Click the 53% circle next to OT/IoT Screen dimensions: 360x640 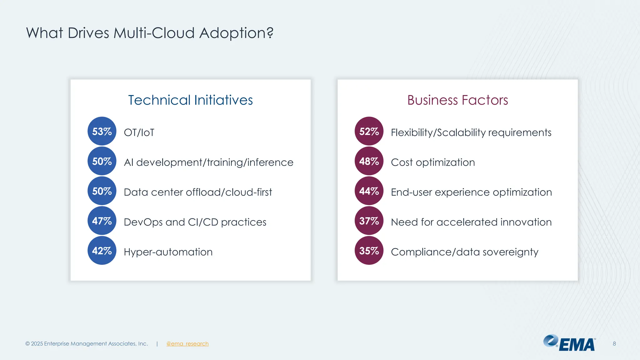(x=102, y=131)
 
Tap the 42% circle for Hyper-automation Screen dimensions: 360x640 (x=102, y=251)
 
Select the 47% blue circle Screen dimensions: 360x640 (x=102, y=221)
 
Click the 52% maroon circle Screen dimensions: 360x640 (x=369, y=131)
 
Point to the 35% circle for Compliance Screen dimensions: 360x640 (x=369, y=251)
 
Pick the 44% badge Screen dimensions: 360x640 (x=369, y=191)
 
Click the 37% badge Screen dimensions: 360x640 (x=369, y=221)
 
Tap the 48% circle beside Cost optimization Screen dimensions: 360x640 (x=369, y=161)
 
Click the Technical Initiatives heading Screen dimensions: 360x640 (x=190, y=100)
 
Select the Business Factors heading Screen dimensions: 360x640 (x=457, y=100)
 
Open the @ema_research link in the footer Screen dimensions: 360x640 (x=187, y=344)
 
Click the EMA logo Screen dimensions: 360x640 (x=570, y=343)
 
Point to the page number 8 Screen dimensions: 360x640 (x=614, y=344)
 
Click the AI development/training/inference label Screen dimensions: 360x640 (x=208, y=162)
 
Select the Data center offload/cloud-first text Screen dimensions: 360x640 (x=198, y=192)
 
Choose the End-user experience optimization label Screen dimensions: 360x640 (x=471, y=192)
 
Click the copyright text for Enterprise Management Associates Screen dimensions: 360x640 (x=87, y=344)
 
